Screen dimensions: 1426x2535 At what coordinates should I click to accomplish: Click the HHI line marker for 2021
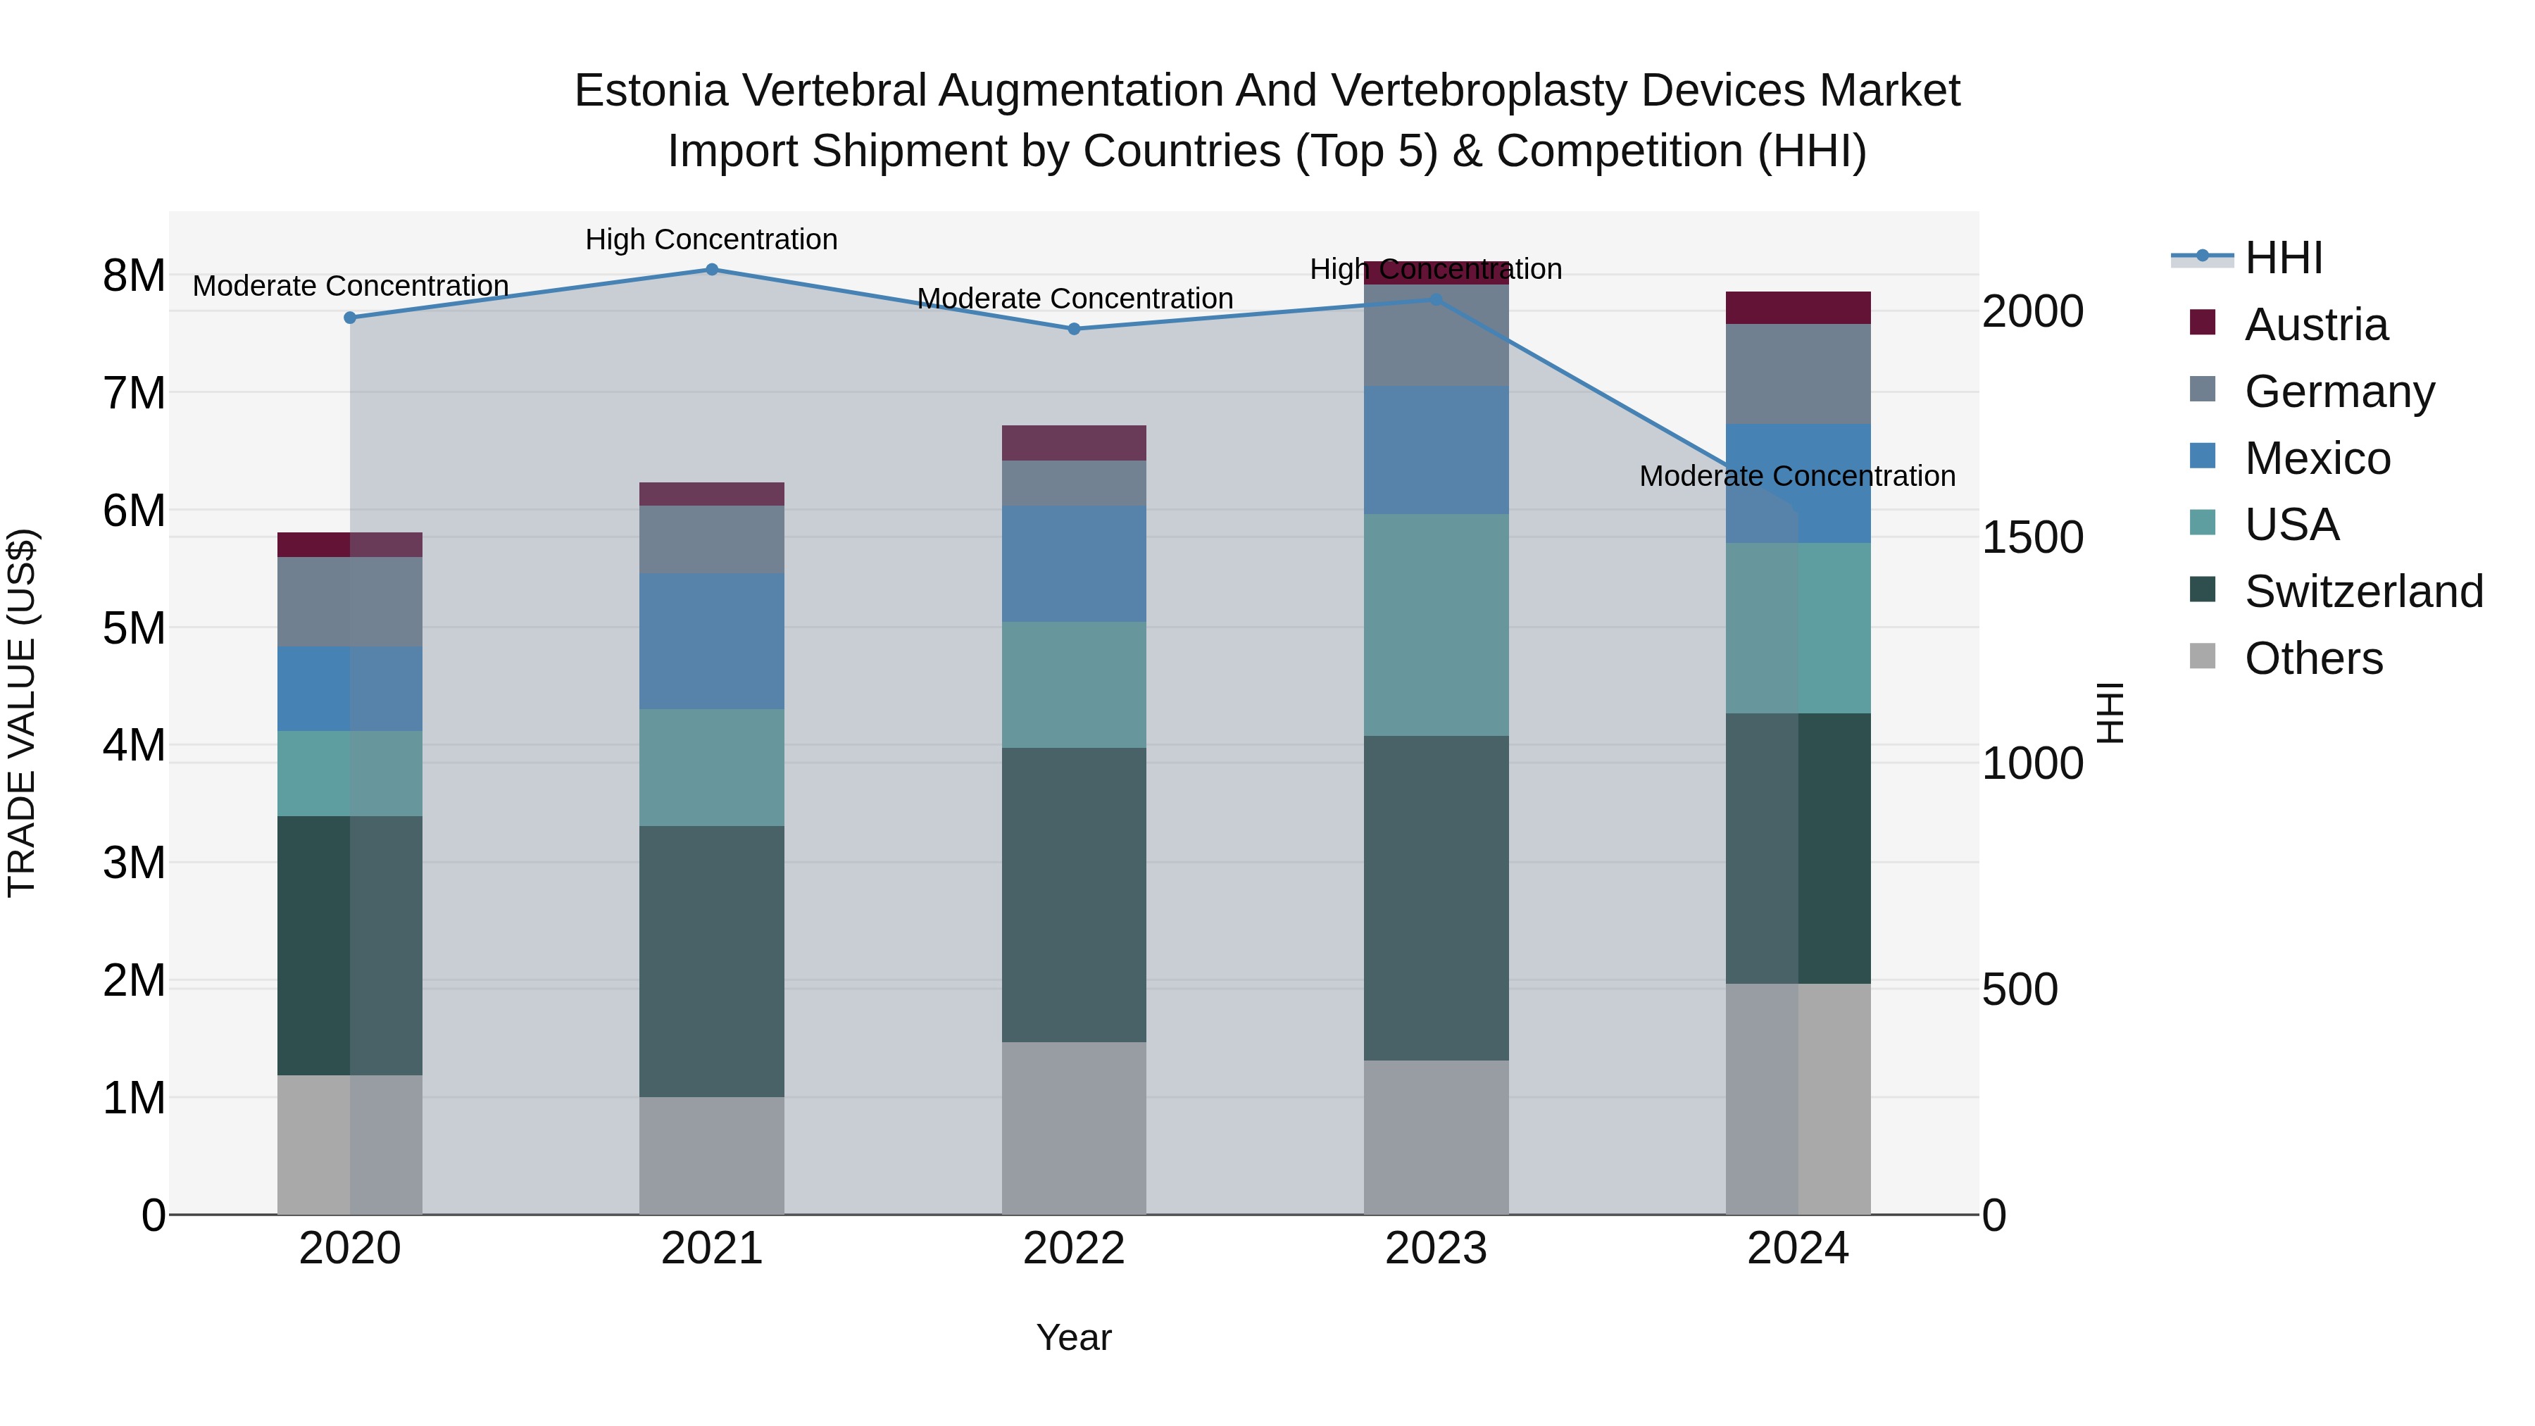[x=711, y=270]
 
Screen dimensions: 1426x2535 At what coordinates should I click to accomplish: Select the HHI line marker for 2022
[x=1074, y=329]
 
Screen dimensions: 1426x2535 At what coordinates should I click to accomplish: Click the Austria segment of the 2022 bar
[x=1074, y=443]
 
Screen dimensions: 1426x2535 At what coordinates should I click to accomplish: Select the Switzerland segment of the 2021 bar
[x=711, y=961]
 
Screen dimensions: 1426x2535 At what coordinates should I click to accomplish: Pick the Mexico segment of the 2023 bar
[x=1436, y=450]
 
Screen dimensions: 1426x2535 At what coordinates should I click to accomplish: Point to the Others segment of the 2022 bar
[x=1074, y=1128]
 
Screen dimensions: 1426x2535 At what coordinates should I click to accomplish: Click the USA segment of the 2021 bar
[x=711, y=768]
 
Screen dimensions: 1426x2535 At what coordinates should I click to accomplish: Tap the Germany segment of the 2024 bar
[x=1798, y=374]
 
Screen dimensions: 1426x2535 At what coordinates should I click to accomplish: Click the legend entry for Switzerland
[x=2362, y=592]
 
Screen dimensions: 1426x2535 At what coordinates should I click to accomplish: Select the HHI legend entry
[x=2283, y=258]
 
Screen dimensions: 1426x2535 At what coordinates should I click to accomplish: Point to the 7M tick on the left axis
[x=134, y=393]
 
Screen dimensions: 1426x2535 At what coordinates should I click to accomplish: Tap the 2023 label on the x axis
[x=1436, y=1249]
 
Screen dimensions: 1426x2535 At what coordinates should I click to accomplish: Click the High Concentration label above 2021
[x=711, y=239]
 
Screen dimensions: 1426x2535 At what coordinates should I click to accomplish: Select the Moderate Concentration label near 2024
[x=1797, y=476]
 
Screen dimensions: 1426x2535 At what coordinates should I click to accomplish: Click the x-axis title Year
[x=1074, y=1337]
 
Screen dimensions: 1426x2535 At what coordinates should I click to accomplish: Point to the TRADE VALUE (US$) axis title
[x=22, y=713]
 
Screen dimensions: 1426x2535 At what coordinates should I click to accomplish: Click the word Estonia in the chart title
[x=651, y=91]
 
